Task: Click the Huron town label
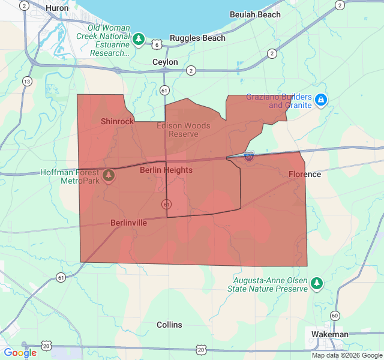pos(57,8)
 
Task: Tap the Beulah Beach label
pos(254,14)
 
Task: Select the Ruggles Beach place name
pos(197,38)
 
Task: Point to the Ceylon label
pos(165,62)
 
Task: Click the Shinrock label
pos(118,121)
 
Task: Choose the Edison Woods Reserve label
pos(184,130)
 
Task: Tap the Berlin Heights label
pos(166,170)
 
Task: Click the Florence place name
pos(304,174)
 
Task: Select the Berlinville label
pos(128,223)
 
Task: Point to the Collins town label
pos(169,325)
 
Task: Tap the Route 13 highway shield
pos(27,81)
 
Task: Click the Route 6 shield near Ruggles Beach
pos(157,44)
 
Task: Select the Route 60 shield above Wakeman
pos(334,316)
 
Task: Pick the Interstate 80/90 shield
pos(248,156)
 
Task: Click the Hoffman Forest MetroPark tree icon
pos(109,175)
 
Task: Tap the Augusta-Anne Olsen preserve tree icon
pos(317,283)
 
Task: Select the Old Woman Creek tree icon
pos(139,40)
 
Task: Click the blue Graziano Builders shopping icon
pos(321,100)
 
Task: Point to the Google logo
pos(20,352)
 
